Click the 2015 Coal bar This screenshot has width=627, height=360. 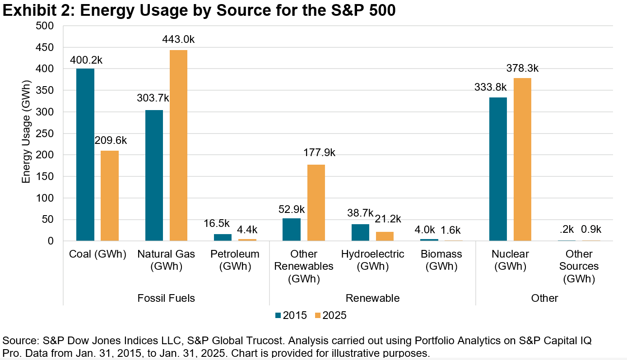pyautogui.click(x=85, y=155)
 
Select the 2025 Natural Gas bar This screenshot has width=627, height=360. pyautogui.click(x=178, y=145)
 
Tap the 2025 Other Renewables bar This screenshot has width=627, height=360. pyautogui.click(x=316, y=203)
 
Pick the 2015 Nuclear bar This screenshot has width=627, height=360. pyautogui.click(x=498, y=169)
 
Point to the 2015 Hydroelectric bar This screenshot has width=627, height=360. pyautogui.click(x=360, y=232)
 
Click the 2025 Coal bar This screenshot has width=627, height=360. pyautogui.click(x=110, y=196)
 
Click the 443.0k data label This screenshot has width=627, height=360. pyautogui.click(x=178, y=40)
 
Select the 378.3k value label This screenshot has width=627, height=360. pyautogui.click(x=522, y=68)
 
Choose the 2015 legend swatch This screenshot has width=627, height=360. pyautogui.click(x=278, y=315)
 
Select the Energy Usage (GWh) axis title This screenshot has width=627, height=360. pyautogui.click(x=26, y=134)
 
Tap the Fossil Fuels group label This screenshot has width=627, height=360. pyautogui.click(x=166, y=298)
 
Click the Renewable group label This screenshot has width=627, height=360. pyautogui.click(x=372, y=298)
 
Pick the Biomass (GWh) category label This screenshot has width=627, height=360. pyautogui.click(x=441, y=260)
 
